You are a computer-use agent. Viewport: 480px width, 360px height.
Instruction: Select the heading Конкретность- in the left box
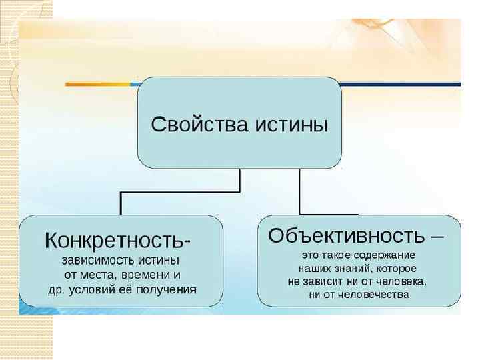coord(120,238)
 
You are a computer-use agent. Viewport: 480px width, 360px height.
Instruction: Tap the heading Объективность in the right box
coord(345,235)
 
